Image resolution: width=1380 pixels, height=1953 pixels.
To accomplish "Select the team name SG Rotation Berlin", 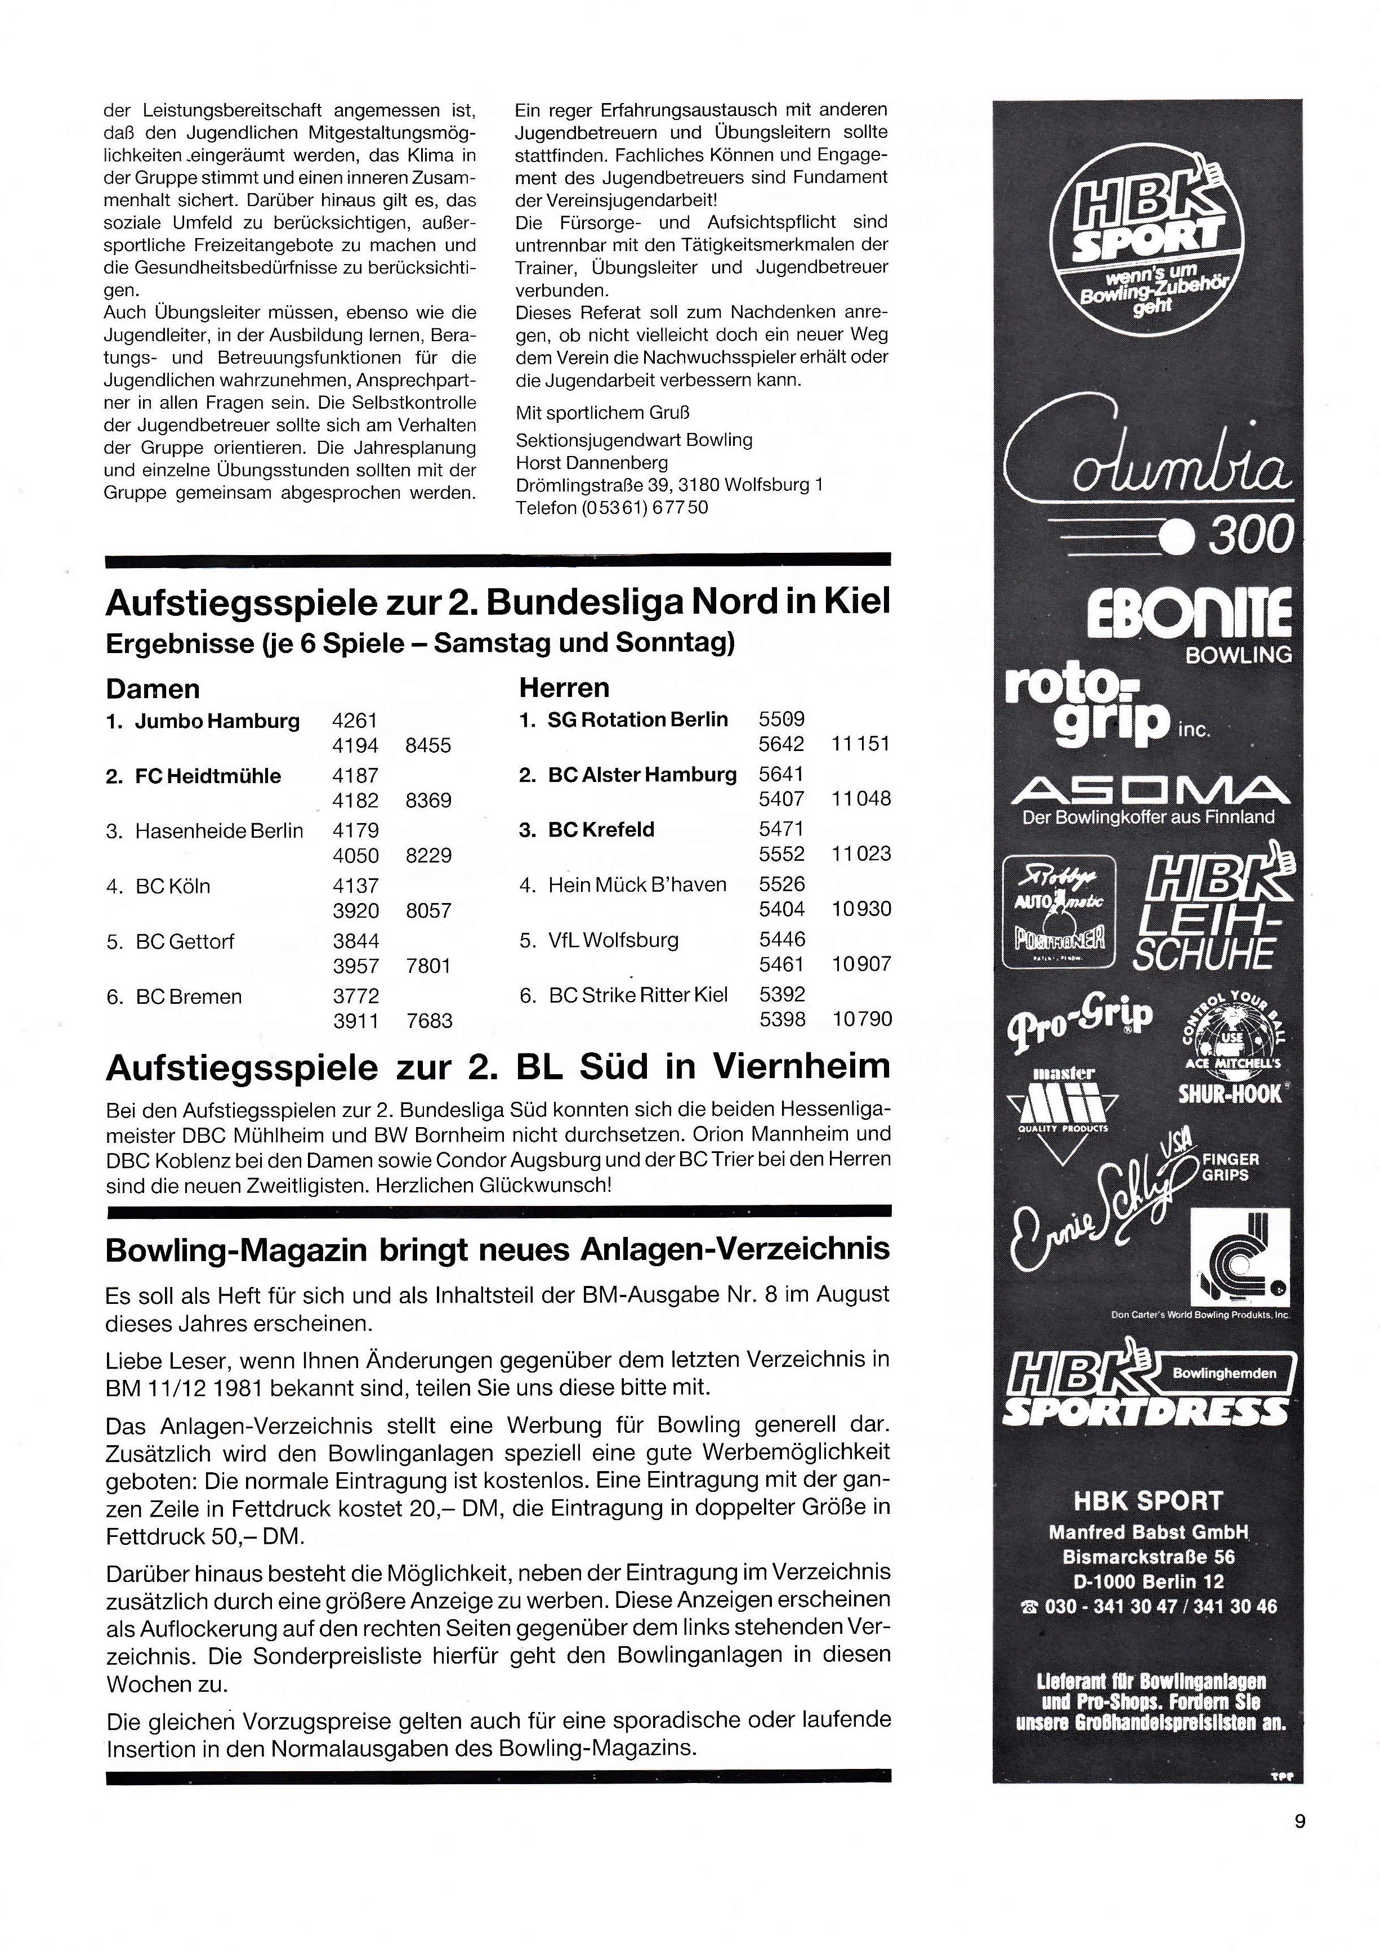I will (x=637, y=719).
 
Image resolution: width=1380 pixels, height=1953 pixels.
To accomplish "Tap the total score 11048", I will (x=861, y=799).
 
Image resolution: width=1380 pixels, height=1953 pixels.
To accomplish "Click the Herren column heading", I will (x=564, y=687).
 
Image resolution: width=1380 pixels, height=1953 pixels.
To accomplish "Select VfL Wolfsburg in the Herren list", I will (x=613, y=940).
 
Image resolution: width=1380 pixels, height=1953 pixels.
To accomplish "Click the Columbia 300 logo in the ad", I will (x=1149, y=476).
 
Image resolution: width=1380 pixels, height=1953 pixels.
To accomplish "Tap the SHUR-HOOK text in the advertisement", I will (x=1230, y=1094).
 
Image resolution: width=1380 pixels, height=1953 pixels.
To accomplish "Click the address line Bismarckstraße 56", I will (x=1149, y=1557).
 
